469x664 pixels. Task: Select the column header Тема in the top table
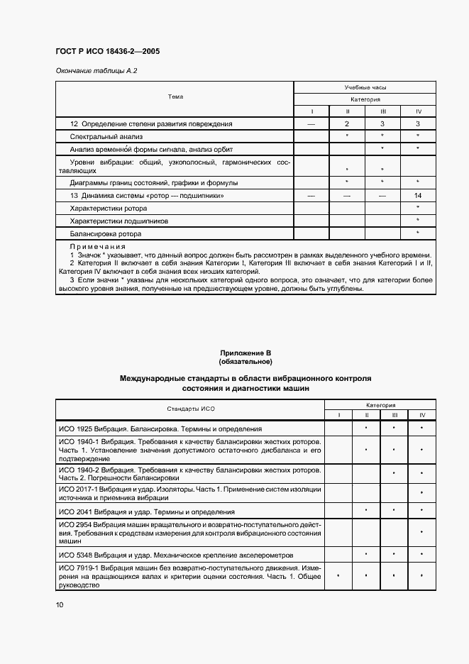[x=175, y=96]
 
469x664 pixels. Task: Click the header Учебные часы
[x=365, y=87]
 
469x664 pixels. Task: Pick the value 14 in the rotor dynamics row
[x=418, y=195]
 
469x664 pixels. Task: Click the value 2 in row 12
[x=347, y=123]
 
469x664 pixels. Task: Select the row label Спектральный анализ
[x=106, y=136]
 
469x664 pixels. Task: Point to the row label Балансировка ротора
[x=106, y=234]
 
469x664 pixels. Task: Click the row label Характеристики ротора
[x=109, y=209]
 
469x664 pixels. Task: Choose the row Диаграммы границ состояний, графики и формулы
[x=154, y=182]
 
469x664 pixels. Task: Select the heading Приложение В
[x=245, y=353]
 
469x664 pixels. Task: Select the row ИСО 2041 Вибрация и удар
[x=146, y=511]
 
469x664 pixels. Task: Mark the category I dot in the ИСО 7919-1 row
[x=338, y=576]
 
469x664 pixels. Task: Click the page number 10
[x=60, y=605]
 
